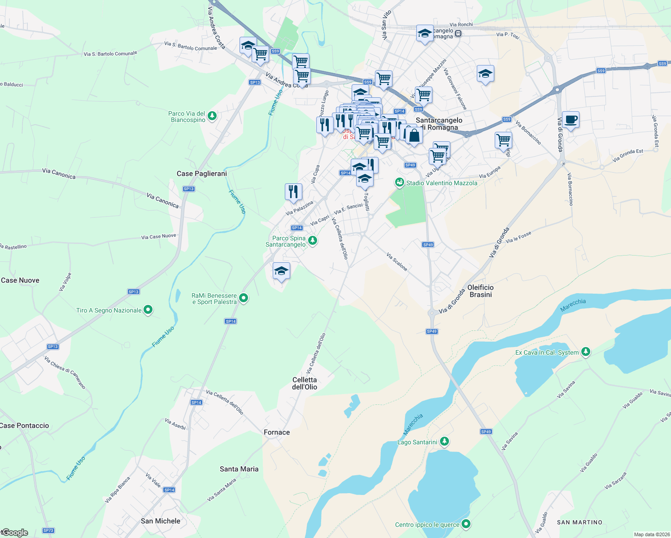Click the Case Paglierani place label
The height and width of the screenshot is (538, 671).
pyautogui.click(x=202, y=174)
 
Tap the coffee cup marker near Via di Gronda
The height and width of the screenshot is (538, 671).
pyautogui.click(x=571, y=120)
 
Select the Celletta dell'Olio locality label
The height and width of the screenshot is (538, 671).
pyautogui.click(x=305, y=383)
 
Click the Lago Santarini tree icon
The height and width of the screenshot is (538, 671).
pyautogui.click(x=444, y=442)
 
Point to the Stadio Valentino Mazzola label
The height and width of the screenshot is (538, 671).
pyautogui.click(x=441, y=183)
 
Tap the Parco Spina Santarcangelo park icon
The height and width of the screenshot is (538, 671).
pyautogui.click(x=313, y=241)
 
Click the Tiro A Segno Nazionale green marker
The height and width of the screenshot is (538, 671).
pyautogui.click(x=148, y=310)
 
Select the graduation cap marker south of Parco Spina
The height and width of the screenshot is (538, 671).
pyautogui.click(x=281, y=271)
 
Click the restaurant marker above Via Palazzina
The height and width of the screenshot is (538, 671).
pyautogui.click(x=293, y=192)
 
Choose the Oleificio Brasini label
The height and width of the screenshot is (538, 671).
pyautogui.click(x=480, y=291)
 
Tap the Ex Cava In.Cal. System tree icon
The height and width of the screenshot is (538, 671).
pyautogui.click(x=585, y=352)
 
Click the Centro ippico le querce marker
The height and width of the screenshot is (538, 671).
pyautogui.click(x=466, y=524)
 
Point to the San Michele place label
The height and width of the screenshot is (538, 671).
pyautogui.click(x=161, y=521)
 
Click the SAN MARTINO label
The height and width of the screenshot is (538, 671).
pyautogui.click(x=579, y=522)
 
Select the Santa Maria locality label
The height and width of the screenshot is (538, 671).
pyautogui.click(x=239, y=469)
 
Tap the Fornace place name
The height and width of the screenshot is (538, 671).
pyautogui.click(x=277, y=432)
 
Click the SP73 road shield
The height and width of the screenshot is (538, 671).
pyautogui.click(x=48, y=530)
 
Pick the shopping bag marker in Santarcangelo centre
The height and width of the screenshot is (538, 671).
pyautogui.click(x=414, y=135)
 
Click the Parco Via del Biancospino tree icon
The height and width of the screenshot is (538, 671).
pyautogui.click(x=212, y=116)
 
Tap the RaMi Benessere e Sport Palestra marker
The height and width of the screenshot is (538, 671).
pyautogui.click(x=244, y=298)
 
